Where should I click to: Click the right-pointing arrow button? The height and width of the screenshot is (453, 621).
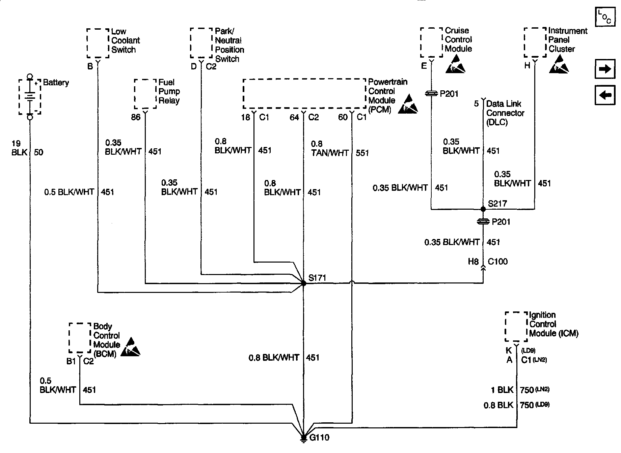(x=605, y=69)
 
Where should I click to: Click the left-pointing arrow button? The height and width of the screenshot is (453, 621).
(x=605, y=95)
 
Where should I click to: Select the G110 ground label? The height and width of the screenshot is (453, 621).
(x=319, y=438)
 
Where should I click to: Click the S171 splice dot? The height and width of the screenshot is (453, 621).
(x=303, y=284)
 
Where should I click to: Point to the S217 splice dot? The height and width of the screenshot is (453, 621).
(x=483, y=209)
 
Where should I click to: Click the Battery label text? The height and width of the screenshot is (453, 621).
(x=56, y=83)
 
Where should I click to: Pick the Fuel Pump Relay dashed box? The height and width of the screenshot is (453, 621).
(x=145, y=94)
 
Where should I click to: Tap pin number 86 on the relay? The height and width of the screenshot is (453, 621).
(x=136, y=117)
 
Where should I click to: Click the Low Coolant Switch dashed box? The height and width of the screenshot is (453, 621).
(x=98, y=43)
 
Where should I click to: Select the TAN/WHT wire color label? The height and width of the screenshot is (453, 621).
(x=330, y=153)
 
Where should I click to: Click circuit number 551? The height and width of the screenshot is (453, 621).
(x=362, y=153)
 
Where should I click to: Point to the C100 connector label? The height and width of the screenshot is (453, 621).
(x=497, y=262)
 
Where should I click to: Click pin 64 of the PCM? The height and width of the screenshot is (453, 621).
(x=294, y=117)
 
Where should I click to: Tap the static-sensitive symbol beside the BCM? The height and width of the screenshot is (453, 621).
(x=130, y=347)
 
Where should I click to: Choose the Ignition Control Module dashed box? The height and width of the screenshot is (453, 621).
(x=516, y=327)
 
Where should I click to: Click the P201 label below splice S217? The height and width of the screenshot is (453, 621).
(x=501, y=222)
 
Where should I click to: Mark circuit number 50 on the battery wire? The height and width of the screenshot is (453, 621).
(x=38, y=152)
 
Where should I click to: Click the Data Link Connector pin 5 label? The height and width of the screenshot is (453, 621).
(x=476, y=103)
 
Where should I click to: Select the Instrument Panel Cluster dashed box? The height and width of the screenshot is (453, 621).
(x=535, y=42)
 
